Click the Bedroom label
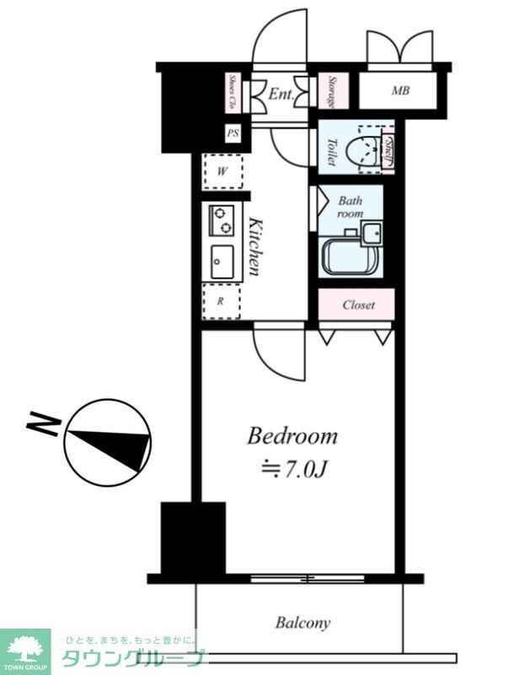(291, 436)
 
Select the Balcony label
(302, 624)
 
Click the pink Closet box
(356, 305)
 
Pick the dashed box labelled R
(222, 300)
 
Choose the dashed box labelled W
(222, 171)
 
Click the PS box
(233, 133)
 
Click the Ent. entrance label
(281, 94)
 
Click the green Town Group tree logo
(25, 648)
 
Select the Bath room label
(350, 208)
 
